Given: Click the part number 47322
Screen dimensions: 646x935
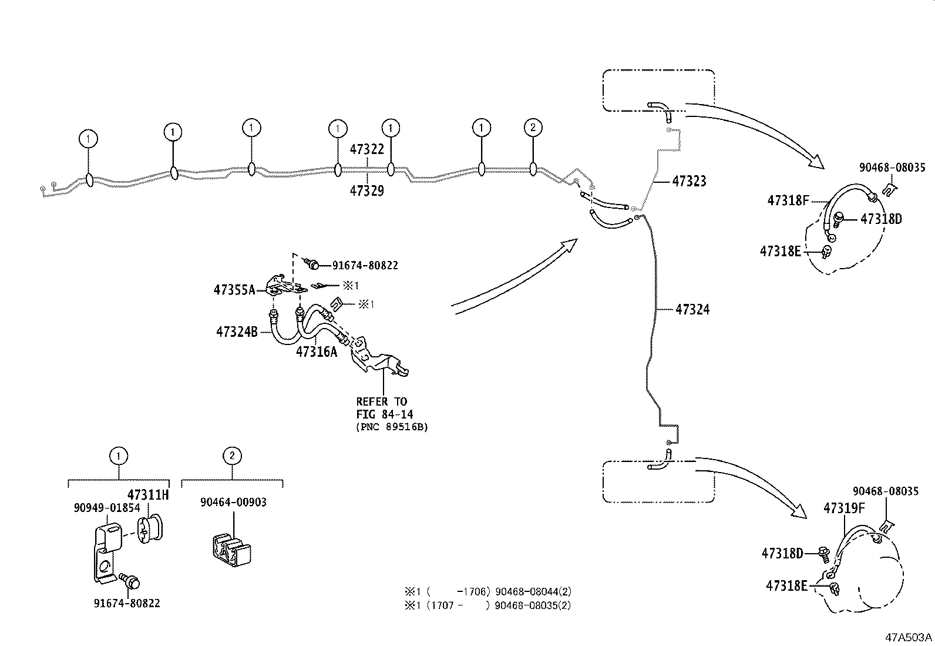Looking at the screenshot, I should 366,149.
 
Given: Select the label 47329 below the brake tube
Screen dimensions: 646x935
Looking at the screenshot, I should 366,190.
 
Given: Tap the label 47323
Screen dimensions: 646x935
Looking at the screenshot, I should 689,182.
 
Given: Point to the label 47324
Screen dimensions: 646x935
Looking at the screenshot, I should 692,310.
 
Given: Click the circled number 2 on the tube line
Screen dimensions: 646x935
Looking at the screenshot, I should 533,128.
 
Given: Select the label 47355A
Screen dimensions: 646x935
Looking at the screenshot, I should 234,289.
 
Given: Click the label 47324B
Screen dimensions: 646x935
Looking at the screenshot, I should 237,332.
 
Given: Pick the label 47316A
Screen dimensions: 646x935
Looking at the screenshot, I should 317,352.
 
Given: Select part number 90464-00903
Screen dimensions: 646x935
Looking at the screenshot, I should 233,502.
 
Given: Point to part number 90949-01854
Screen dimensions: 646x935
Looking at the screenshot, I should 107,507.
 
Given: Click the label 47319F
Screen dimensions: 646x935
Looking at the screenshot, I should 844,508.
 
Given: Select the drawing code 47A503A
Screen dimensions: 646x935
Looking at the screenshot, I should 909,637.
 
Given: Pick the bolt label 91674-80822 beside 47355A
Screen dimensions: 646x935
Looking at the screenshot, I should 365,266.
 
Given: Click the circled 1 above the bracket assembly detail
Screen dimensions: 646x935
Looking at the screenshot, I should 119,456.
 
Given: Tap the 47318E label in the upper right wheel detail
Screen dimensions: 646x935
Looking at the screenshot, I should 780,251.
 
